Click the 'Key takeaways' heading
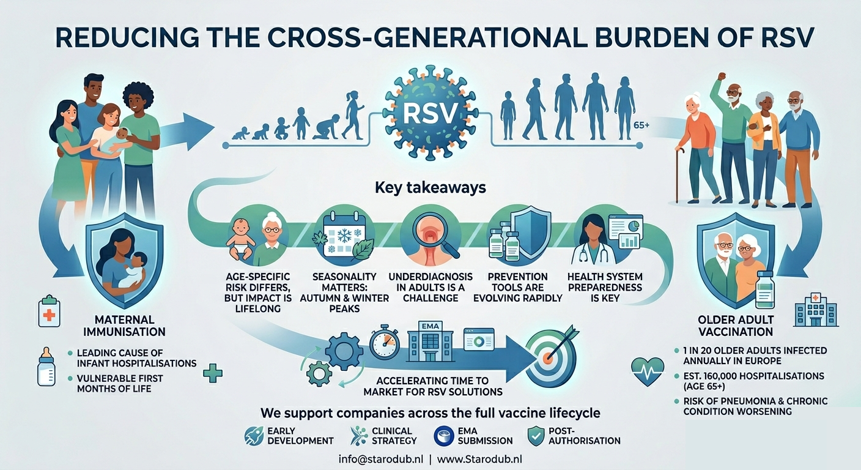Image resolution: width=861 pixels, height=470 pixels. [x=430, y=187]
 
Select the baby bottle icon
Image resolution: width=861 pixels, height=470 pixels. [x=46, y=367]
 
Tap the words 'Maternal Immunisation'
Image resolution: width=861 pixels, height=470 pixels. [x=125, y=326]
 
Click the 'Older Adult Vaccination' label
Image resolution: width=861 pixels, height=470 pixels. [x=736, y=326]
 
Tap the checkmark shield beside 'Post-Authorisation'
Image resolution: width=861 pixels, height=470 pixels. [x=536, y=435]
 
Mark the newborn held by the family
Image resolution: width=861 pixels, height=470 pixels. [x=120, y=133]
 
